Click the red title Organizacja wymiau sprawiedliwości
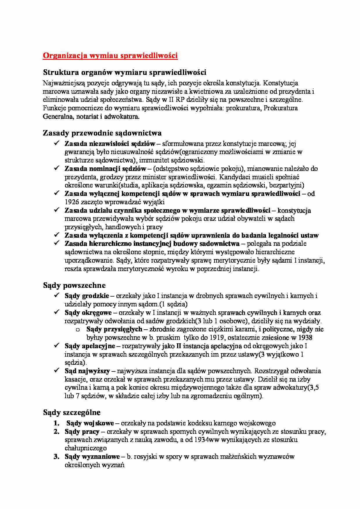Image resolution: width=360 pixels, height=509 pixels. [x=110, y=56]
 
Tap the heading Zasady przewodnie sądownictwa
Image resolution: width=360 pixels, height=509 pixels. [x=102, y=133]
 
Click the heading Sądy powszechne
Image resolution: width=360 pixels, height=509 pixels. [x=74, y=285]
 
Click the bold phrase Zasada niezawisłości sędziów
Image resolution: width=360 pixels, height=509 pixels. [x=110, y=144]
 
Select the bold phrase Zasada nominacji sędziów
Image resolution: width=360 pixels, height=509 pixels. [x=105, y=169]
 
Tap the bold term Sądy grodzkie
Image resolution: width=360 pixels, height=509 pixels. [x=87, y=296]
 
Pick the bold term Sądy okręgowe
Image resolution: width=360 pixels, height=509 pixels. [x=88, y=313]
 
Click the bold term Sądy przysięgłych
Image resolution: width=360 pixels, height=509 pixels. [x=114, y=329]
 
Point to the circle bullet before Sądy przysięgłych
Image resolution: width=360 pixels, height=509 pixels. [x=78, y=330]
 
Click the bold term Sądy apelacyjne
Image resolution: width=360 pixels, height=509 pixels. [x=90, y=346]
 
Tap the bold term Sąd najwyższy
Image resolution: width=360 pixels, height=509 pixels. [x=87, y=371]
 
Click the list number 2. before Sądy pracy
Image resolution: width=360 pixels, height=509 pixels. [x=57, y=432]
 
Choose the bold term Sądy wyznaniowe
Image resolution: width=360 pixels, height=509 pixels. [x=92, y=456]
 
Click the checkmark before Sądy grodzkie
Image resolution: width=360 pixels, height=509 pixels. [x=57, y=295]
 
